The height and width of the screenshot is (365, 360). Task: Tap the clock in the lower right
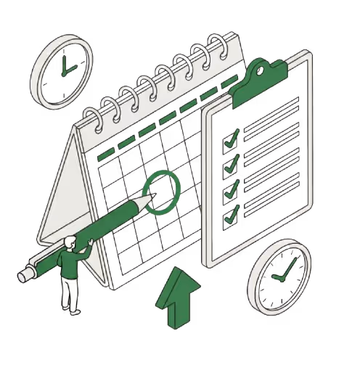(279, 274)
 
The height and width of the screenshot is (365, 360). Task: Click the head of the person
(70, 242)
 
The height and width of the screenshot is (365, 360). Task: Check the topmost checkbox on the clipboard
(232, 138)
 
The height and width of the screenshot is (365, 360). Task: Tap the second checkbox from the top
(232, 163)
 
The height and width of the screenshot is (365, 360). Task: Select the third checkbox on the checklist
(232, 189)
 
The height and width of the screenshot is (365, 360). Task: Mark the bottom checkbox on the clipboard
(232, 215)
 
